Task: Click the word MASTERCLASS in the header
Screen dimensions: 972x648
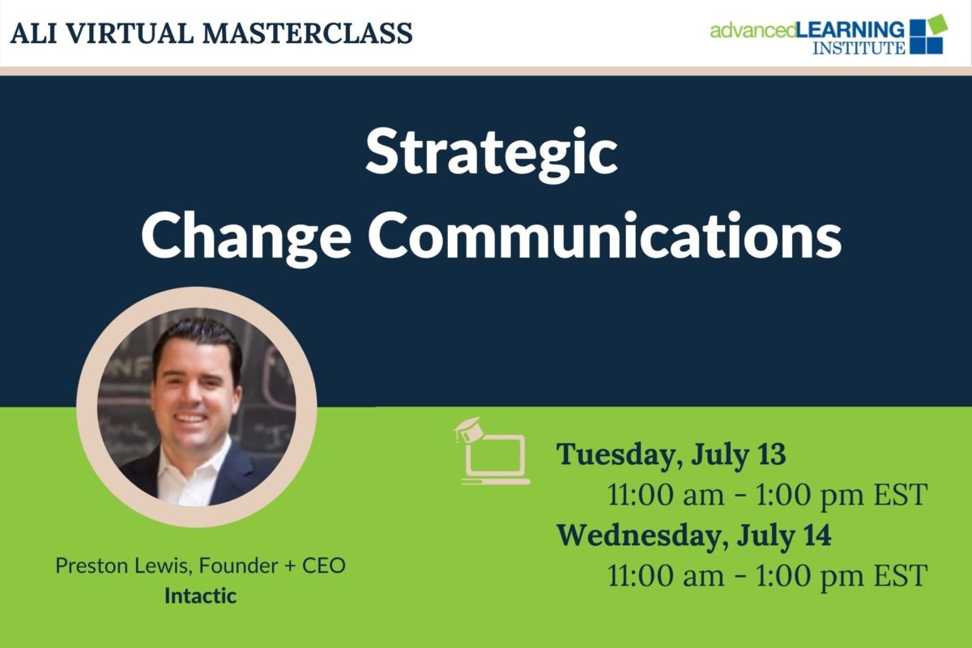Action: [x=308, y=33]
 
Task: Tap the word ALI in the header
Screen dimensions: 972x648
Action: [x=33, y=33]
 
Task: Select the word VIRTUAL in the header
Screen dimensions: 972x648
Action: [x=130, y=33]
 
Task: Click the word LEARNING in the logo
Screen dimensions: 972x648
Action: [x=851, y=31]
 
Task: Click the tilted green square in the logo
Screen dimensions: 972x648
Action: [x=936, y=25]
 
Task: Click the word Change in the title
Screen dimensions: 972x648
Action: [x=246, y=238]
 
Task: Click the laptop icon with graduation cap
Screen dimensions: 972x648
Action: [x=493, y=451]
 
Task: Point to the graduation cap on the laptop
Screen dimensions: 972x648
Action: [x=468, y=428]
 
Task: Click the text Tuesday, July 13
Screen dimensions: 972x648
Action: [x=671, y=455]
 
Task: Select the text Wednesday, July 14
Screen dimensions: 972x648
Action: [x=694, y=535]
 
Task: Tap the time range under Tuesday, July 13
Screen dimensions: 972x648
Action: [x=767, y=494]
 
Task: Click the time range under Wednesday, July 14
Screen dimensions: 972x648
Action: [x=767, y=575]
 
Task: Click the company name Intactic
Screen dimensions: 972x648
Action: [x=201, y=595]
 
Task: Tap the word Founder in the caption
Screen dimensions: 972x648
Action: [x=238, y=565]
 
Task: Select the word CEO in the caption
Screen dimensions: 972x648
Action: [x=324, y=565]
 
